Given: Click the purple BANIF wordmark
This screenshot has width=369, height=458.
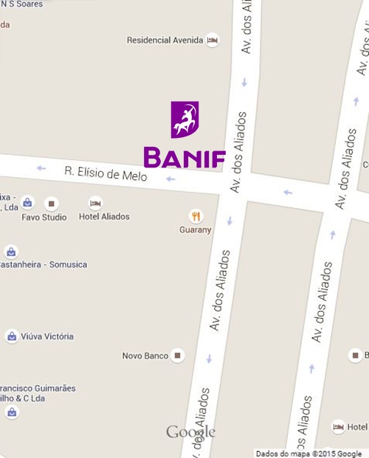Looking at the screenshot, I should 184,157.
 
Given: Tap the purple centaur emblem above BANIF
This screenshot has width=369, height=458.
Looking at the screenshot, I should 184,119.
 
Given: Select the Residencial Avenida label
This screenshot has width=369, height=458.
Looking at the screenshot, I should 165,41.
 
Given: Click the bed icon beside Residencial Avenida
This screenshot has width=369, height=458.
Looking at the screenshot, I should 213,40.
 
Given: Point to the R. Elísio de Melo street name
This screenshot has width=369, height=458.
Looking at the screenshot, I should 106,174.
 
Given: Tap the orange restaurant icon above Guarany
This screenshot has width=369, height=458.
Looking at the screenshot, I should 196,216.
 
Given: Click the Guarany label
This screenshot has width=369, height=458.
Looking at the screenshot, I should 196,230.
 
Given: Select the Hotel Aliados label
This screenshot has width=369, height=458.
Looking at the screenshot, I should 104,217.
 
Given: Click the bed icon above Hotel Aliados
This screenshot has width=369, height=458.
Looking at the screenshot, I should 95,203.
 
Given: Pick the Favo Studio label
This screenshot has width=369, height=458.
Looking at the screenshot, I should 44,218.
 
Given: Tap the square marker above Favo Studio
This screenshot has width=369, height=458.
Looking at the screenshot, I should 51,203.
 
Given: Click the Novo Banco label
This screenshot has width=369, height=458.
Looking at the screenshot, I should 145,356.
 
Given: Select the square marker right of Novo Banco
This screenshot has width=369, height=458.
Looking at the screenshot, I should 177,356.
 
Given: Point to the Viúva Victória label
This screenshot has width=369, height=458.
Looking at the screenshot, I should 47,336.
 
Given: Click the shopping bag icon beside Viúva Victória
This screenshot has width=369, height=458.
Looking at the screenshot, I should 12,336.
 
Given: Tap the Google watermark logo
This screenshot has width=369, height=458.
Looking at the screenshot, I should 190,432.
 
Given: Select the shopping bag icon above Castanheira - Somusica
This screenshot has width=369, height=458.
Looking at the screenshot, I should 11,251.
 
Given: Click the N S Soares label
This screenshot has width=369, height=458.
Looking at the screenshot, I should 21,4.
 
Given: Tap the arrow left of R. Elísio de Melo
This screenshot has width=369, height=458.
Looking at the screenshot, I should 41,168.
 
